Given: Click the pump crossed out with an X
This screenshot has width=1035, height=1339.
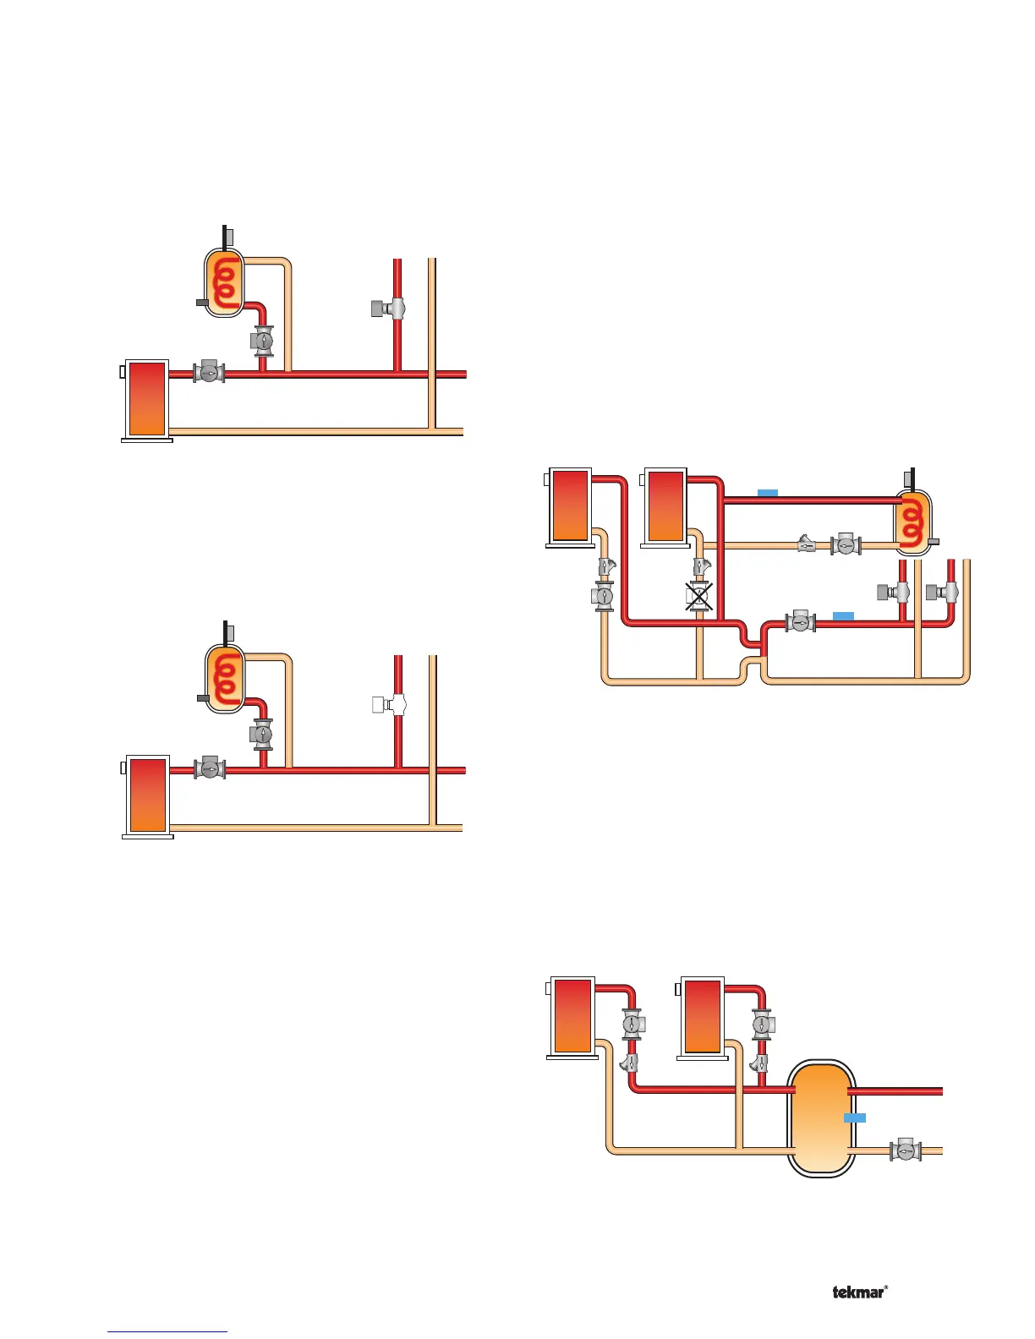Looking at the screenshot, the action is (x=698, y=597).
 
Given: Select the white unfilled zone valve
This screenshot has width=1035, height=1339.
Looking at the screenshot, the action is (x=389, y=704).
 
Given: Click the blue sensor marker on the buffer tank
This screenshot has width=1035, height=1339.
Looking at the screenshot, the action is (x=855, y=1118).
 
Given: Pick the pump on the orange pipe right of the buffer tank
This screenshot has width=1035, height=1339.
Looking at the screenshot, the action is (x=906, y=1150).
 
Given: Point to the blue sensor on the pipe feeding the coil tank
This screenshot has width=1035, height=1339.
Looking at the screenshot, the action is (x=767, y=493).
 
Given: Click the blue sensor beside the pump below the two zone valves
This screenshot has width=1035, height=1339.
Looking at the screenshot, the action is (x=843, y=615).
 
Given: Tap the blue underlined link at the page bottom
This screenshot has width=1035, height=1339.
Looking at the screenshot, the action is (x=167, y=1332).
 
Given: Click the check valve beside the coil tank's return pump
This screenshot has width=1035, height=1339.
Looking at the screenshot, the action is (x=808, y=544).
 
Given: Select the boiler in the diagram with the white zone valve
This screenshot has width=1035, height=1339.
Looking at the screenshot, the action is (x=147, y=795).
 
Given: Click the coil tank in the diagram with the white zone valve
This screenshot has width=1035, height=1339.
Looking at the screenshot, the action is (x=225, y=678).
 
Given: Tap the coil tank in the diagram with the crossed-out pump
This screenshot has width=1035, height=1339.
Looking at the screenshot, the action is (x=913, y=521).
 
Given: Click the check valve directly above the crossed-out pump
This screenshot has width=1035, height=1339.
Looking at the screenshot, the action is (x=701, y=566).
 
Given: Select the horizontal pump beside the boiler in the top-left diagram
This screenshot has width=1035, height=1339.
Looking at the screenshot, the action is (x=209, y=372).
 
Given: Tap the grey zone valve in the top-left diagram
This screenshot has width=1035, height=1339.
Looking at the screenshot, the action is (x=389, y=309).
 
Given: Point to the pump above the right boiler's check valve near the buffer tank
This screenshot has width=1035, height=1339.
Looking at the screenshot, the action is (x=763, y=1025).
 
